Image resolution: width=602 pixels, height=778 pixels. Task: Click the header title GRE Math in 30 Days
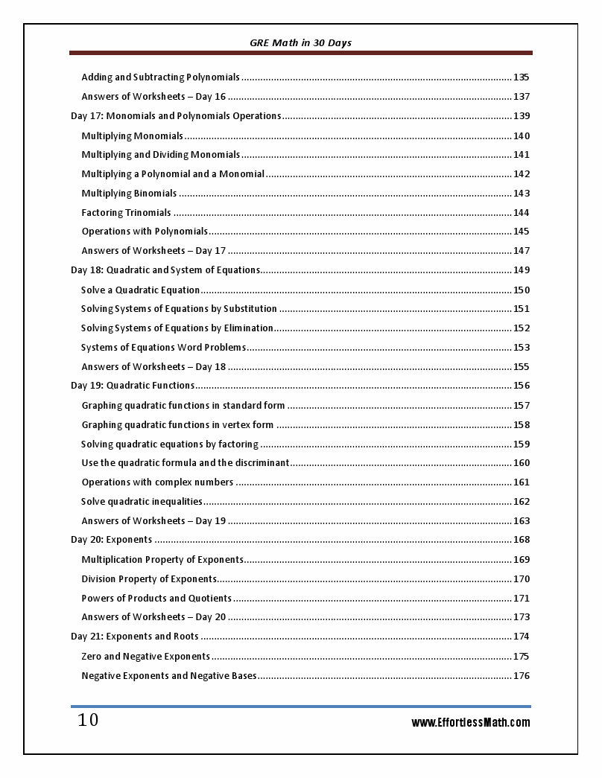300,43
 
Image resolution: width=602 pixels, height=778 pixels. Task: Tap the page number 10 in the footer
88,721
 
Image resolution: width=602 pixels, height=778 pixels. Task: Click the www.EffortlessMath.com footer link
471,722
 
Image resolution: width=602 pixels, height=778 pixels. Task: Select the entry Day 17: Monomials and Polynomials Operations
176,116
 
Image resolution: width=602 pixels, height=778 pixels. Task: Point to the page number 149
522,270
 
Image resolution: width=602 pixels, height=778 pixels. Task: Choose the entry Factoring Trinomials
126,213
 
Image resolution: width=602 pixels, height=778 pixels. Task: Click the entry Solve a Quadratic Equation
141,290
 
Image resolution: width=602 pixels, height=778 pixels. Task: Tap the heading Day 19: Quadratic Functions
133,386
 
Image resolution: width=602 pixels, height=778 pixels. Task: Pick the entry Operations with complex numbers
157,482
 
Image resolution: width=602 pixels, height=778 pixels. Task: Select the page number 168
522,540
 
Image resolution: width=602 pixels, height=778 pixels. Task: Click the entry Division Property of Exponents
149,579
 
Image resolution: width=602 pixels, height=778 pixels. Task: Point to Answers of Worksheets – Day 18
153,367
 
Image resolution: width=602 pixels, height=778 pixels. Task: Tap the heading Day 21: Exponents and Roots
135,637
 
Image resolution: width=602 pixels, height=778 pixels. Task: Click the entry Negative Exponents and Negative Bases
169,676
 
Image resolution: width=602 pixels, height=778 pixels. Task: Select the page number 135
522,77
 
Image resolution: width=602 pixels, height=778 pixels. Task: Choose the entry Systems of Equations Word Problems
163,348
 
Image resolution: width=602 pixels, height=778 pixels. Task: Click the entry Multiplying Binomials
129,194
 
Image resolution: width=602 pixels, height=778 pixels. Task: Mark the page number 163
522,521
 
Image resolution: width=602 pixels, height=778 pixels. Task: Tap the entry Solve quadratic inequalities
142,502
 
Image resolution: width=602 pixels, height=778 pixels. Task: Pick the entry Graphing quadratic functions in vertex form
177,425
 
